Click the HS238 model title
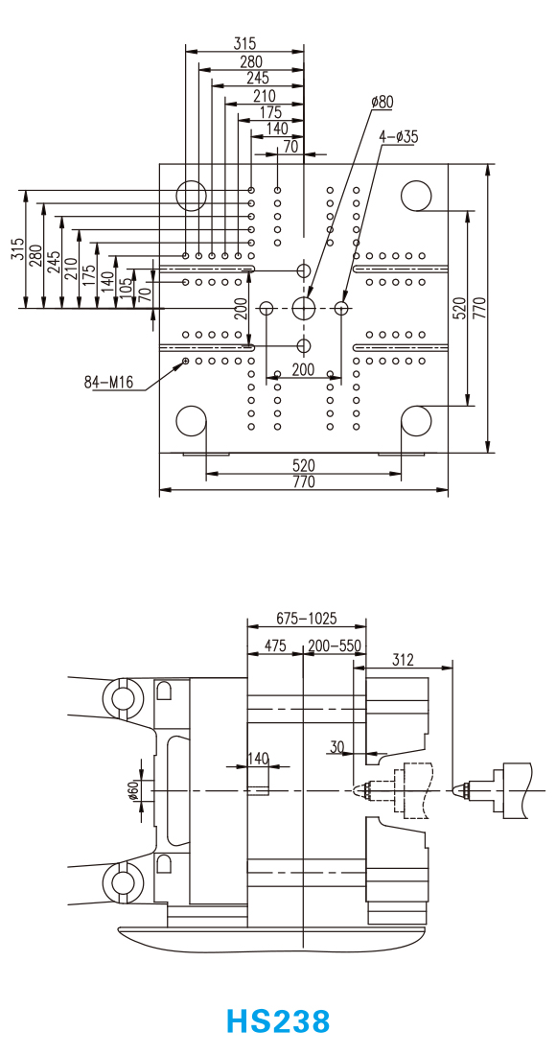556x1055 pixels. click(278, 1020)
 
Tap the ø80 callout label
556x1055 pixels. click(382, 103)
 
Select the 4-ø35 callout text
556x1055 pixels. click(399, 136)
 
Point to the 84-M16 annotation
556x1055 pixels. click(109, 383)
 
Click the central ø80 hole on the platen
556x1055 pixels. click(305, 308)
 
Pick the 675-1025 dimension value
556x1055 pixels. click(307, 618)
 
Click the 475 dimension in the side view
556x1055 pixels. click(275, 645)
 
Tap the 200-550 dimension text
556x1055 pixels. click(335, 645)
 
